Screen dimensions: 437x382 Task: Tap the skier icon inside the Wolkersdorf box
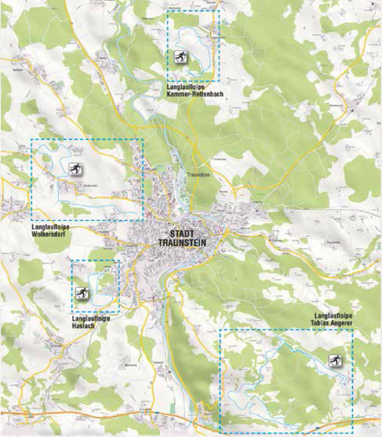pos(75,169)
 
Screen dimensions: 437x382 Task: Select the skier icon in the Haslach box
pos(82,293)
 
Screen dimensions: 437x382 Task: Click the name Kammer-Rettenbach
pos(195,94)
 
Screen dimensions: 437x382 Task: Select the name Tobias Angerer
pos(333,323)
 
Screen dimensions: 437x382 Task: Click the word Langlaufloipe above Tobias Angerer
pos(333,316)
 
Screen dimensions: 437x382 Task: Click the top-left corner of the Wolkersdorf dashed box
pos(32,139)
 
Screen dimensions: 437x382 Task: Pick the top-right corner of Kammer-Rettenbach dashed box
pos(219,11)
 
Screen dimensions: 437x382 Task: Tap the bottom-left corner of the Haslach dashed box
pos(72,312)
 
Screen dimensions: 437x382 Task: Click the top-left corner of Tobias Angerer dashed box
pos(220,329)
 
